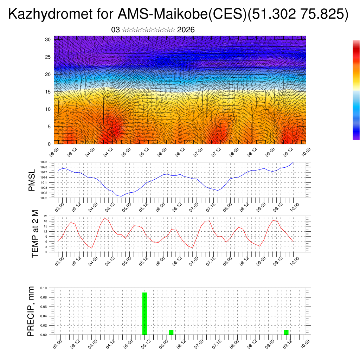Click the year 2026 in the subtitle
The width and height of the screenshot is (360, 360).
(x=186, y=30)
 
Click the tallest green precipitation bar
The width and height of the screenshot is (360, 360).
(x=144, y=313)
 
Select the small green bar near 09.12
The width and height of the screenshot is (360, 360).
(x=286, y=332)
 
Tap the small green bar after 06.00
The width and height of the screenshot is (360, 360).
(x=171, y=332)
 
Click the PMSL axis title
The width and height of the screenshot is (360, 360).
(x=32, y=180)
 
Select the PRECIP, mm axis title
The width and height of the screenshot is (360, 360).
(x=32, y=311)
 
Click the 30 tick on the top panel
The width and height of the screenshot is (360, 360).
(x=48, y=39)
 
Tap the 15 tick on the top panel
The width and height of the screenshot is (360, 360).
(x=48, y=92)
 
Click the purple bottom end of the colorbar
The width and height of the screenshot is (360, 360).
(x=356, y=138)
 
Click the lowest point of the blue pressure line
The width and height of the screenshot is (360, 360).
(x=121, y=196)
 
